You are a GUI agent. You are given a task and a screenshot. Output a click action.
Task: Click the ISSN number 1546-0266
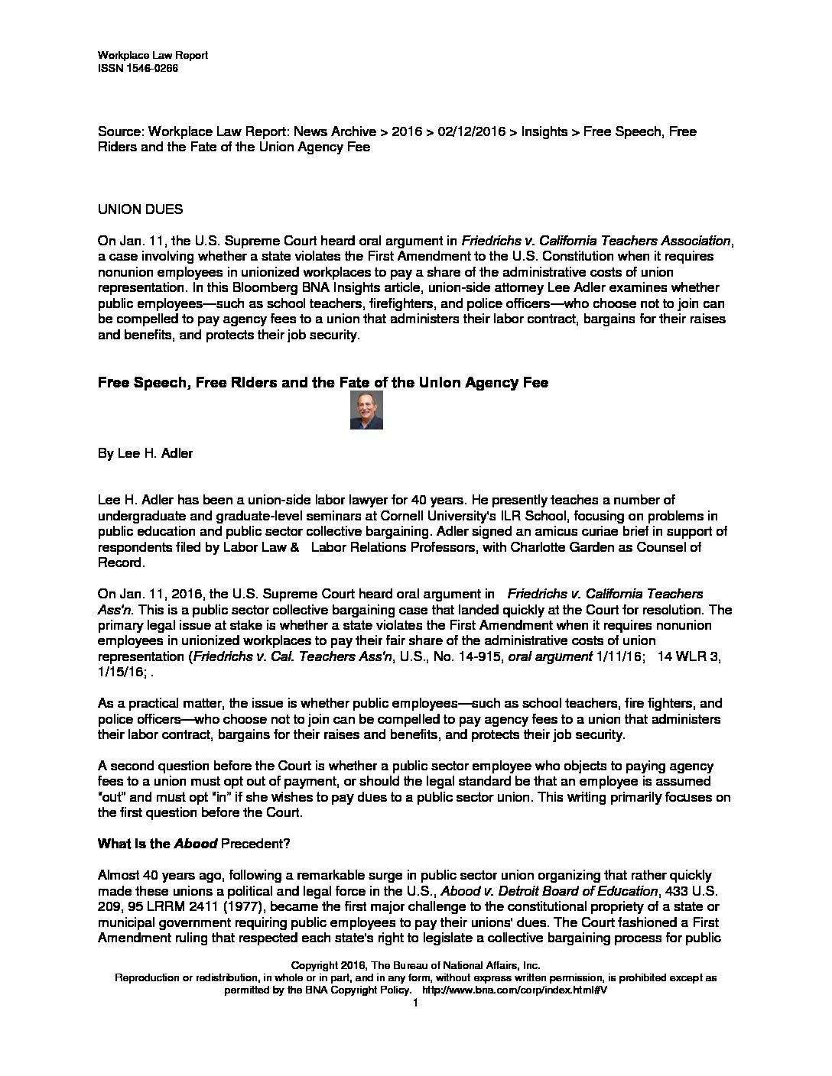151,68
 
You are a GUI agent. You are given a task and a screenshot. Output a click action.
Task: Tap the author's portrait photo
366,410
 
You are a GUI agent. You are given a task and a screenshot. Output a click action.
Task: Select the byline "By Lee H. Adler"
145,453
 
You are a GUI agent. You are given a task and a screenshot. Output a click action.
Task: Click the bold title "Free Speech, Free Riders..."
323,383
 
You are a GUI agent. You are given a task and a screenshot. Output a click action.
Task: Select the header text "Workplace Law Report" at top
153,56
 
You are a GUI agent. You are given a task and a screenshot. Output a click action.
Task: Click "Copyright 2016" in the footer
329,965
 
